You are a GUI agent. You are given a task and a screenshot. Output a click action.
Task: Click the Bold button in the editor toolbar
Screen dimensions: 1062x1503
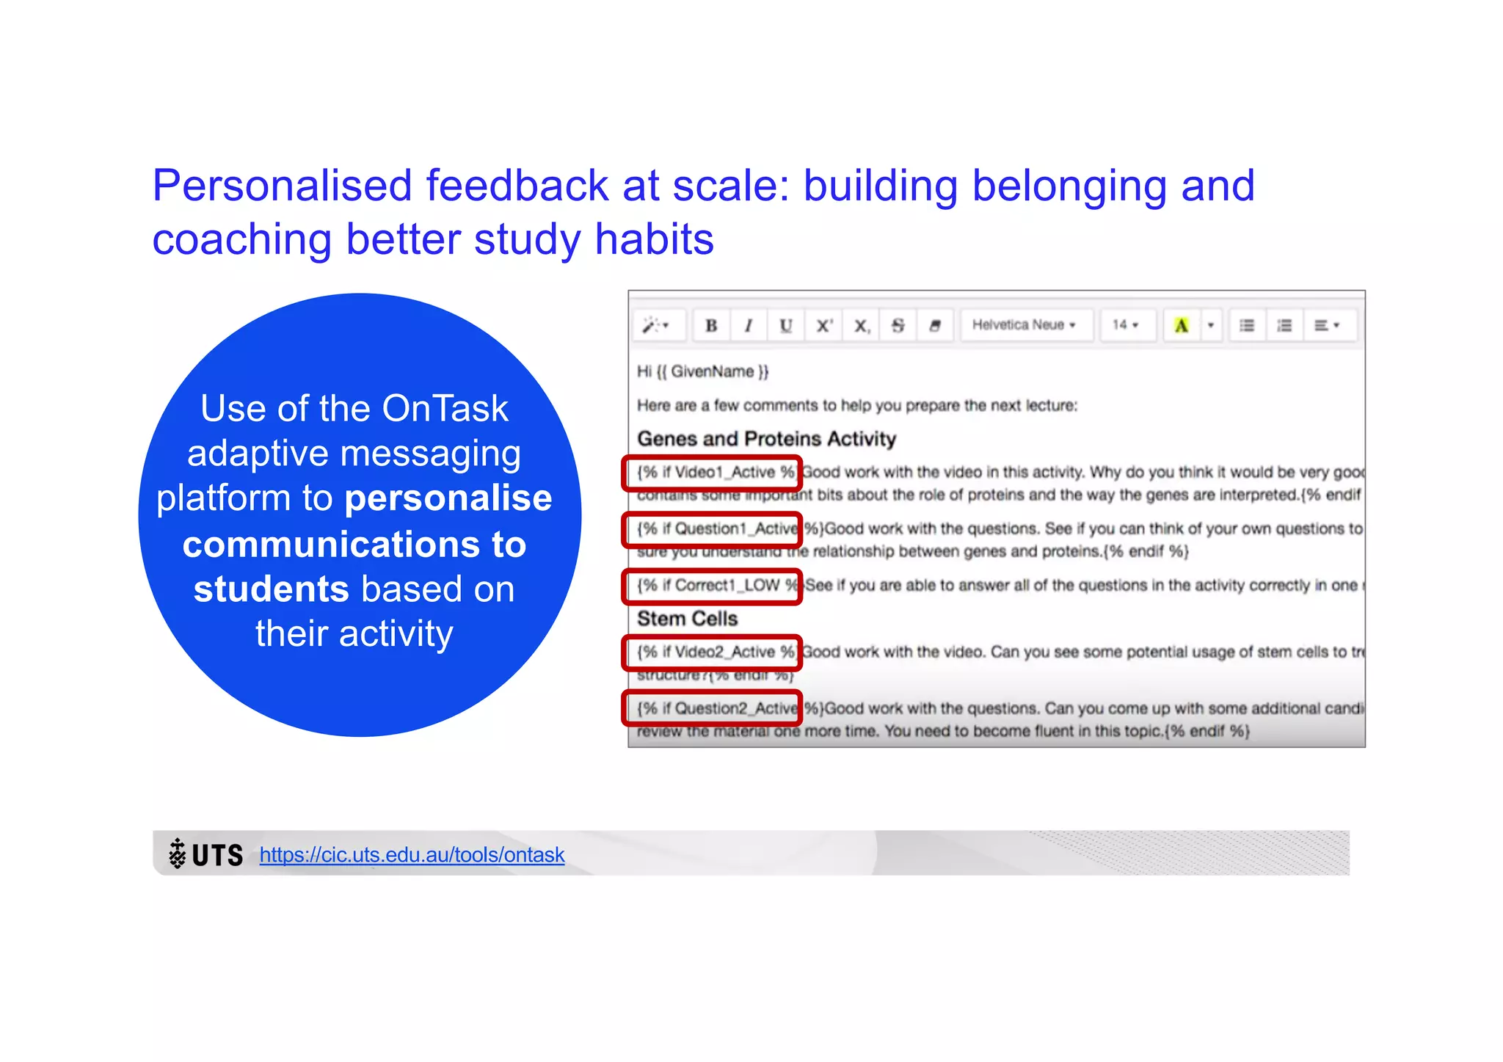(711, 325)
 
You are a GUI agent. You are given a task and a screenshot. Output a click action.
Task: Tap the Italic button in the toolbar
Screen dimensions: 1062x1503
(749, 325)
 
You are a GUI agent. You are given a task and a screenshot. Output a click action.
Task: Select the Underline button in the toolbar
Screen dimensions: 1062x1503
(786, 325)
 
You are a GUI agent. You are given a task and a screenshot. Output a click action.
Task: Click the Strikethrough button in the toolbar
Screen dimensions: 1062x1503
(898, 325)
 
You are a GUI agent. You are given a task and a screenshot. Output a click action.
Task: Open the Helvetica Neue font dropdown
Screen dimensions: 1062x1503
(1024, 324)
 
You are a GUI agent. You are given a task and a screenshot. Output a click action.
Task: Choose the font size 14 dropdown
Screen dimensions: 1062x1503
(1125, 324)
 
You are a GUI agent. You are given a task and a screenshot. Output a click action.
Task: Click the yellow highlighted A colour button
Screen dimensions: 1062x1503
(1181, 325)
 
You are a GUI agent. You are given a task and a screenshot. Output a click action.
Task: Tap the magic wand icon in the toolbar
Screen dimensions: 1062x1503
(655, 325)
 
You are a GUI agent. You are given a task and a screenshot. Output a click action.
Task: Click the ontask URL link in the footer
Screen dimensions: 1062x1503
(412, 854)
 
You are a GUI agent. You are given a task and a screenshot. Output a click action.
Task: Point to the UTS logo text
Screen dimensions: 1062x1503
(216, 855)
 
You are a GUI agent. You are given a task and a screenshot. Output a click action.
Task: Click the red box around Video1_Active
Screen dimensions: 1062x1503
(712, 473)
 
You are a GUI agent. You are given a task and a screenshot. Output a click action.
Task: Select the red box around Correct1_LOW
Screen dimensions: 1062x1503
(712, 586)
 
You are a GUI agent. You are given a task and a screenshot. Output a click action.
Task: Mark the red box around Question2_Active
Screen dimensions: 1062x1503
(712, 708)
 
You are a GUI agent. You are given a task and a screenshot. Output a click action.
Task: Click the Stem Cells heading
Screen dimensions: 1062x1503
(687, 619)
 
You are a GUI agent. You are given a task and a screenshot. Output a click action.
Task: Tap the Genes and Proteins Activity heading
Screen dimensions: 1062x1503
(766, 439)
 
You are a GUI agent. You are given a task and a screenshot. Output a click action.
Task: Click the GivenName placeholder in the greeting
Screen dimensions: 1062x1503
(712, 371)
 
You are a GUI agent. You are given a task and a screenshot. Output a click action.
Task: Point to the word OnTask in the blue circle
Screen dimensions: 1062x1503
(445, 408)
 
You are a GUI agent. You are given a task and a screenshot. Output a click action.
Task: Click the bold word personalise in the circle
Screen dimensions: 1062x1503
(448, 498)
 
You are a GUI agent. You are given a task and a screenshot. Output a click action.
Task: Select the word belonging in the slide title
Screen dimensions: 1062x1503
(1069, 186)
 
